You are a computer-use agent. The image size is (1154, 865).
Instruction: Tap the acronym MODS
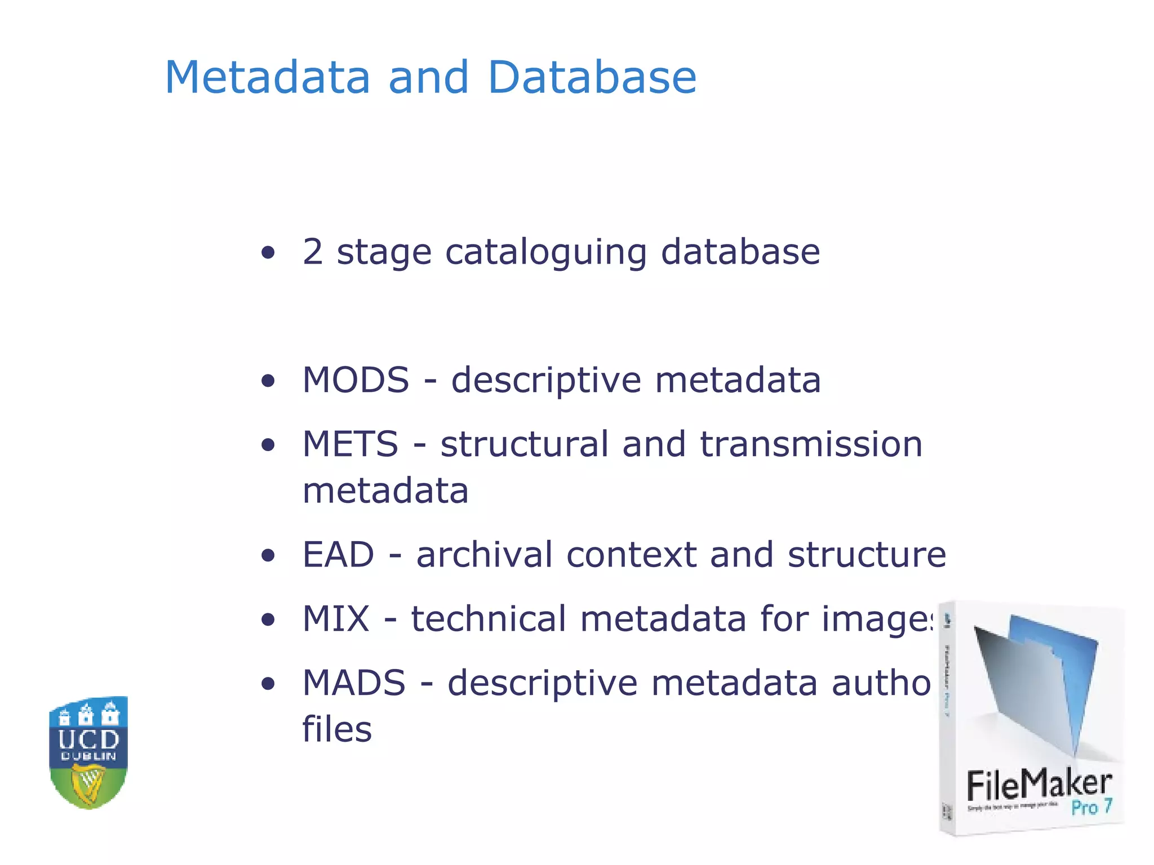tap(356, 380)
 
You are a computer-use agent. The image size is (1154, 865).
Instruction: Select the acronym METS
tap(350, 444)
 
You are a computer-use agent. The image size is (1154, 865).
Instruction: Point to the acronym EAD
tap(338, 555)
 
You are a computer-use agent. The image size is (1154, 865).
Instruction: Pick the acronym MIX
tap(336, 619)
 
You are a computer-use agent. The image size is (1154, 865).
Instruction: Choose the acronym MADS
tap(354, 683)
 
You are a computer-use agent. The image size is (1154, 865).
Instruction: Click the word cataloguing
tap(545, 252)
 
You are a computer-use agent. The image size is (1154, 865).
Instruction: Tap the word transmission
tap(811, 444)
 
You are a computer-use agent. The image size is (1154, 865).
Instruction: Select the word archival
tap(484, 555)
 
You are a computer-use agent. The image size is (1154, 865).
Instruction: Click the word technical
tap(488, 619)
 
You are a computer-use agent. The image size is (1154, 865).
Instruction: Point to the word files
tap(337, 729)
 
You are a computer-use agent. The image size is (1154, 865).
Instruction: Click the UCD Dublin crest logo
tap(88, 752)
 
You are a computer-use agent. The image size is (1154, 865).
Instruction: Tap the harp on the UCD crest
tap(88, 786)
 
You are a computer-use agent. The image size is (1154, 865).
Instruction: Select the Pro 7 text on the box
tap(1091, 807)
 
